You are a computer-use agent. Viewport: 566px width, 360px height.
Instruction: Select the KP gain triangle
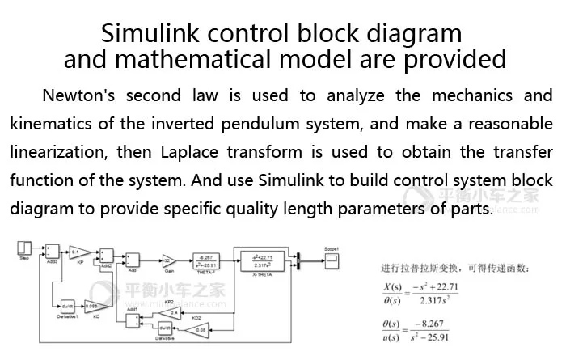(x=79, y=252)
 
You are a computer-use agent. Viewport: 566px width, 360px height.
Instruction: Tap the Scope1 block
(x=331, y=259)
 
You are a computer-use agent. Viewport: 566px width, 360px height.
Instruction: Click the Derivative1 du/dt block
(x=68, y=306)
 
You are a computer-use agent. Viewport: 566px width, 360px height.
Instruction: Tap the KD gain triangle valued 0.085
(x=92, y=306)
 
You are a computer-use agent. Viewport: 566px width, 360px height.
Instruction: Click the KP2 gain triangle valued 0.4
(x=172, y=312)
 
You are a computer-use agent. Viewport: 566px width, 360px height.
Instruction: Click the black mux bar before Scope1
(x=299, y=260)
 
